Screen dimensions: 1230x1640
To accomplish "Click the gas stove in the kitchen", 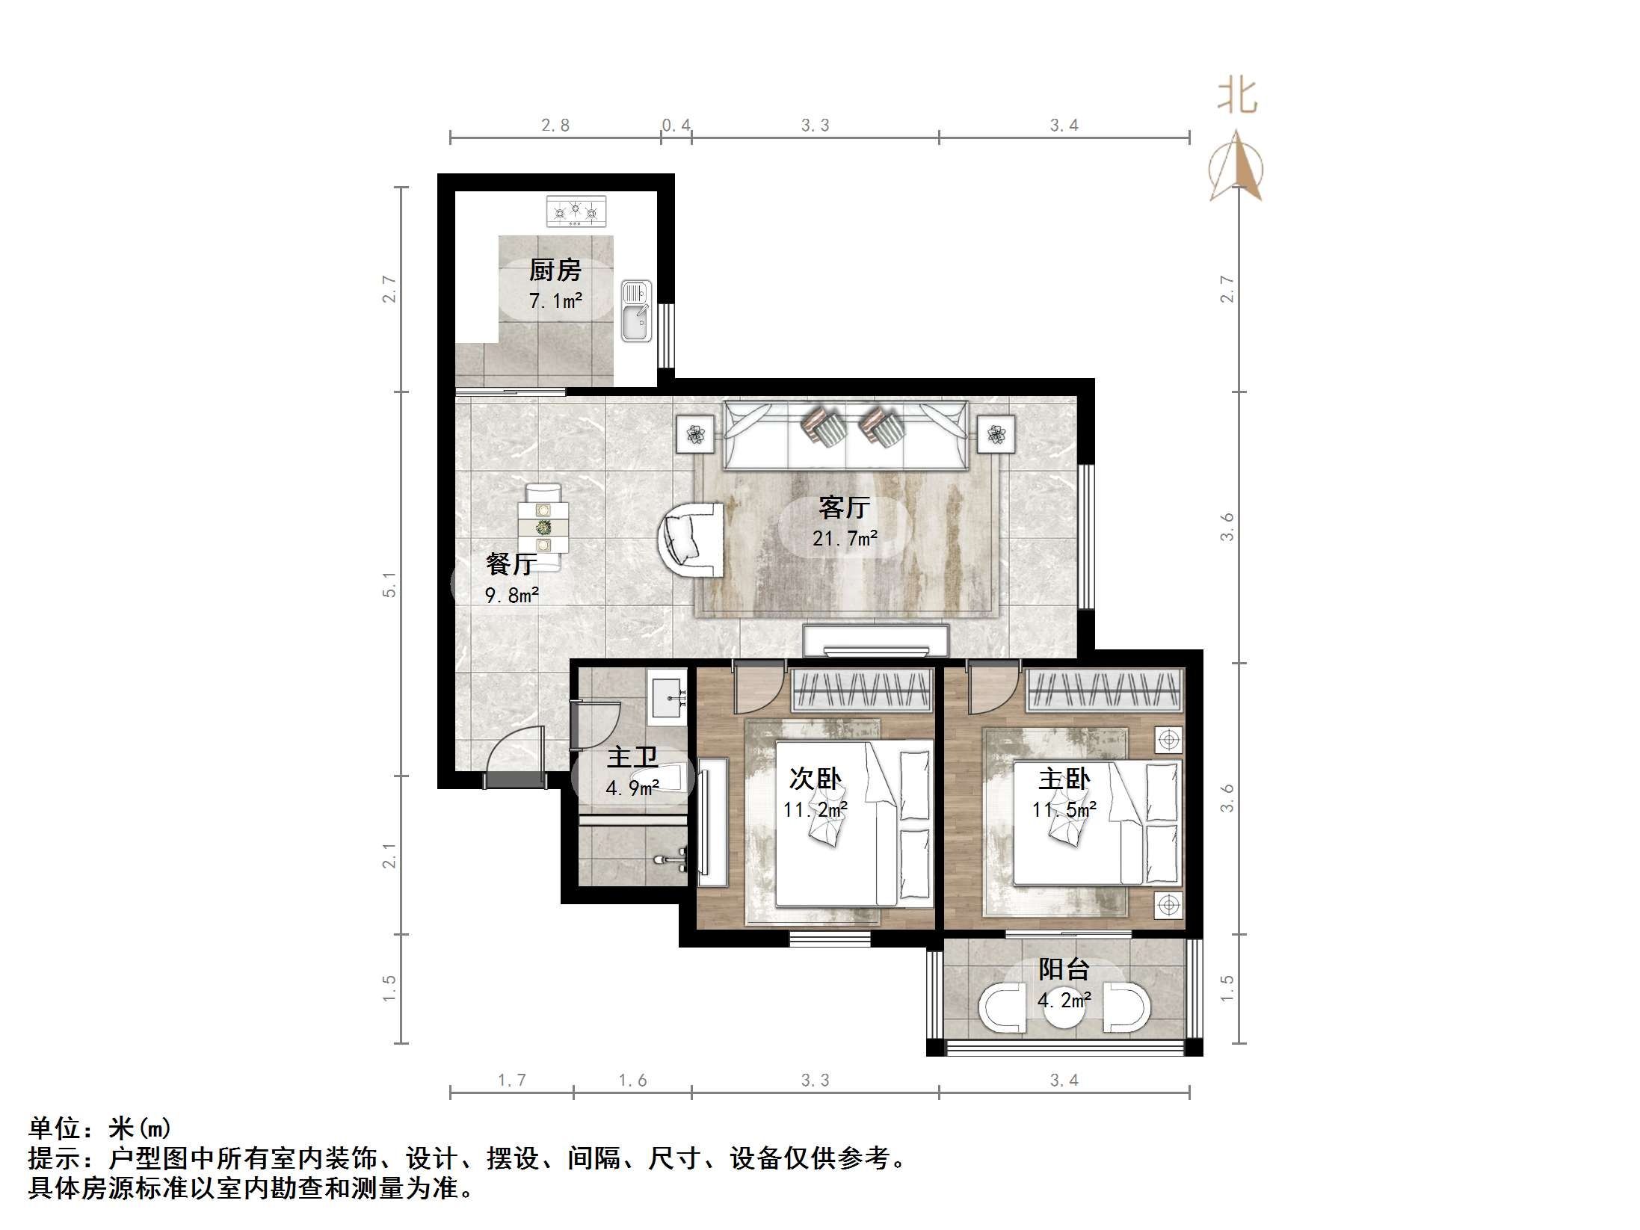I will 576,211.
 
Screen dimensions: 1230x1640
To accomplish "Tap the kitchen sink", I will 636,312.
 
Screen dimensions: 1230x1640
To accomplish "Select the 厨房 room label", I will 555,270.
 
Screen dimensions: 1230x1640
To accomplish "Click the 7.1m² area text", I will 555,301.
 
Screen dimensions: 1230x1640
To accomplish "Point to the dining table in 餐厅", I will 543,528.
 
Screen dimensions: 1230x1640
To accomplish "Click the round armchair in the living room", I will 692,539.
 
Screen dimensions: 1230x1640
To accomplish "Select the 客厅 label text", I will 844,508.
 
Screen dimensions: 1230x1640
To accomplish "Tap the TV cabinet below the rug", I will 875,640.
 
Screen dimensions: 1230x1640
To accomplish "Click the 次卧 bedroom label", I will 815,779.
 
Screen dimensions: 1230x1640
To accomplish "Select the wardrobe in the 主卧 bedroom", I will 1104,690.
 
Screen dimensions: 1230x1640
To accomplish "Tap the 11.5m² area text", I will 1064,809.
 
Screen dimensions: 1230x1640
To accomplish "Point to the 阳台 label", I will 1063,969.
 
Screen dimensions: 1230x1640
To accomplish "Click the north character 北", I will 1237,98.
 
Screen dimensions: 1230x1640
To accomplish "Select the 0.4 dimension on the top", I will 676,126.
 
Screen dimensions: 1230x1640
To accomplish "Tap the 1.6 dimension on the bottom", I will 632,1080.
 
